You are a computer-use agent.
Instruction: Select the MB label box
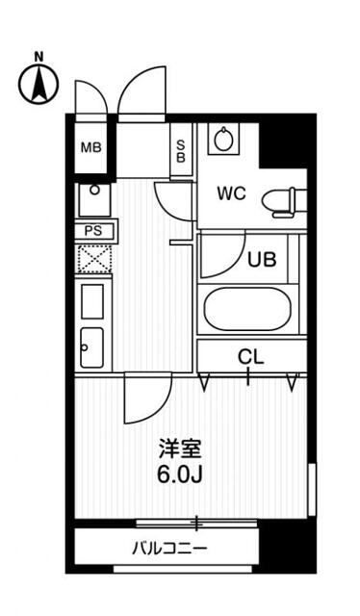(x=90, y=147)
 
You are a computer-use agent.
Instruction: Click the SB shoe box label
(x=181, y=152)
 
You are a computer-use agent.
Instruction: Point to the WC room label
(x=230, y=192)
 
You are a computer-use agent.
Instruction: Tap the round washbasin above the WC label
(x=225, y=141)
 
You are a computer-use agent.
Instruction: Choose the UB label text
(x=261, y=258)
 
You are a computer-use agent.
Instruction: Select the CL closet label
(x=250, y=357)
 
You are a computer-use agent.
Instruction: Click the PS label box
(x=94, y=231)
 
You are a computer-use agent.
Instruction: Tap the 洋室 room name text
(x=180, y=449)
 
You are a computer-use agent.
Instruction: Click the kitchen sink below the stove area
(x=92, y=345)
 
